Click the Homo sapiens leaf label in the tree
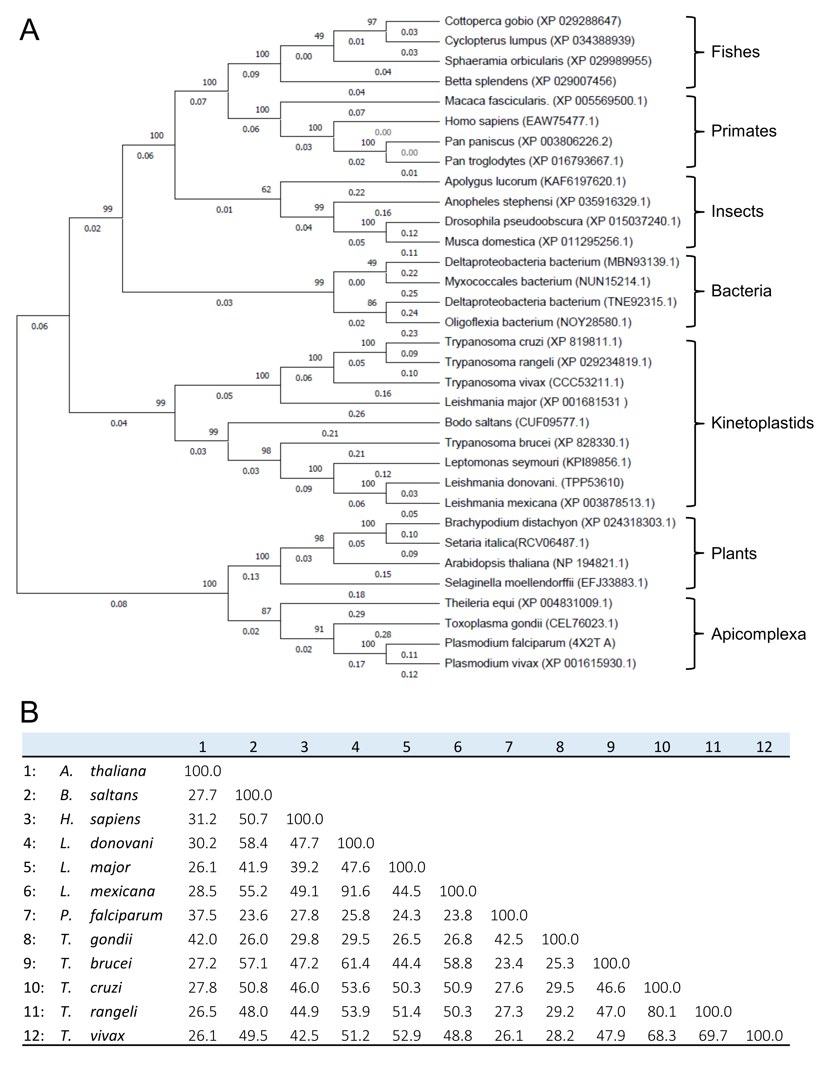pyautogui.click(x=521, y=121)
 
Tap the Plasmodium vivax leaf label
pyautogui.click(x=540, y=663)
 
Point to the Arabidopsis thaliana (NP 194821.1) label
pyautogui.click(x=536, y=563)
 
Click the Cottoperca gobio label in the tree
pyautogui.click(x=532, y=21)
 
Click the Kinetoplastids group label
pyautogui.click(x=762, y=422)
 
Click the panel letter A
pyautogui.click(x=29, y=30)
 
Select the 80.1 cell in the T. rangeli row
pyautogui.click(x=662, y=1011)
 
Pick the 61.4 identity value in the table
pyautogui.click(x=355, y=963)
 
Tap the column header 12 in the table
pyautogui.click(x=764, y=747)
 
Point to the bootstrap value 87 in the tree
pyautogui.click(x=266, y=611)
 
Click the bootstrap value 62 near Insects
pyautogui.click(x=266, y=189)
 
